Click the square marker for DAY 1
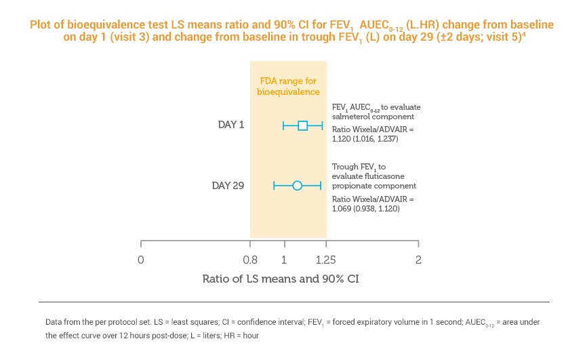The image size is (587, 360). tap(303, 125)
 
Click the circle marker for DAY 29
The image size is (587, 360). tap(297, 185)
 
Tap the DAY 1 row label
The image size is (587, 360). tap(230, 125)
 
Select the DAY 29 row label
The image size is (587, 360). tap(228, 185)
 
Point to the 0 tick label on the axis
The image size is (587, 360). tap(140, 259)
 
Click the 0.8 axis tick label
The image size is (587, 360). tap(250, 259)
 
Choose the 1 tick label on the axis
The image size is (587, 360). tap(283, 259)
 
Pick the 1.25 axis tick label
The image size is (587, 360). tap(326, 259)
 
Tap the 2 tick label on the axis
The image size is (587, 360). tap(418, 259)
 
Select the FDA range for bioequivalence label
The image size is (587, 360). tap(288, 85)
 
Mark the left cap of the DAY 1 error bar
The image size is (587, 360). tap(283, 125)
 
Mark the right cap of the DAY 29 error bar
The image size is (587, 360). tap(320, 185)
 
